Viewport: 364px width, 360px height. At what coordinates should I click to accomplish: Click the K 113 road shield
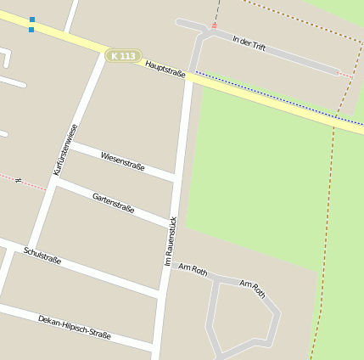pos(123,56)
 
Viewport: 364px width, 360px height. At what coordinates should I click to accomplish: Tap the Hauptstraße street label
pos(165,69)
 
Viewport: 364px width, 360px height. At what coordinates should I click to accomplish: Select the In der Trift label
pos(249,43)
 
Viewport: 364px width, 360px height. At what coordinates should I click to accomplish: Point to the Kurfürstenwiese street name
pos(65,149)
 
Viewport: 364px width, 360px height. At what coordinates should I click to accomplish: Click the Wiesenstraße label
pos(122,161)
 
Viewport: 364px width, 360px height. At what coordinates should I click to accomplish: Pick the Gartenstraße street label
pos(113,202)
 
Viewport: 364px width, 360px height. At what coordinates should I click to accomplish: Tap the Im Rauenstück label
pos(171,241)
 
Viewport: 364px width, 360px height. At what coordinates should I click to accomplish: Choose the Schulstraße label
pos(42,256)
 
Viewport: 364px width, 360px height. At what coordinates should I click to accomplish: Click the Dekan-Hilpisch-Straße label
pos(74,327)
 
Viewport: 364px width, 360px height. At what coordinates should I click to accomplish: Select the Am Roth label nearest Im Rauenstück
pos(193,269)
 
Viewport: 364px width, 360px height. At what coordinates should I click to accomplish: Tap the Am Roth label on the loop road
pos(253,289)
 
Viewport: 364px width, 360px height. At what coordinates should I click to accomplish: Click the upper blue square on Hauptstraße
pos(32,19)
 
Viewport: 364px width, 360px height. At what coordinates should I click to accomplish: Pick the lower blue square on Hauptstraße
pos(31,30)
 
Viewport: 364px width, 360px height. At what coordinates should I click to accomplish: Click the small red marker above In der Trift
pos(214,26)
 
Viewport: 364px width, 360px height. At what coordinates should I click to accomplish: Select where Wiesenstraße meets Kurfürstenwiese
pos(67,144)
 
